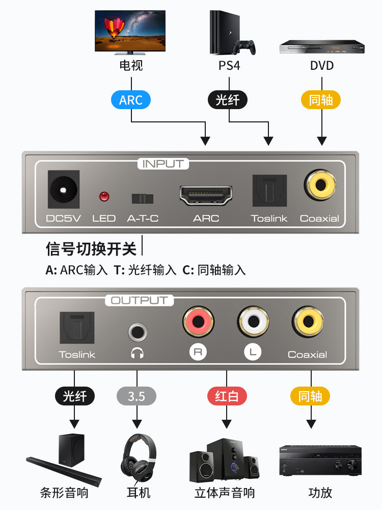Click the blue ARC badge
(131, 100)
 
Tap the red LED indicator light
(104, 196)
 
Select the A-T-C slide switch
(143, 198)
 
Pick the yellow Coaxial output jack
(308, 321)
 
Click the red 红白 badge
(227, 396)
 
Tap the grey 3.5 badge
(137, 396)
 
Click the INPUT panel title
(163, 164)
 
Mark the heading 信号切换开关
(91, 249)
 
